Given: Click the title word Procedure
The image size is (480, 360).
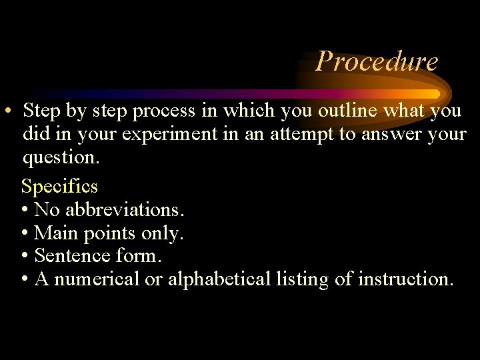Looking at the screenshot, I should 377,61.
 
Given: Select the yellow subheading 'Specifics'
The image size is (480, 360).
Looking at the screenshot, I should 60,185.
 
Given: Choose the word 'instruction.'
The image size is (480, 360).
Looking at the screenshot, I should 405,279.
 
